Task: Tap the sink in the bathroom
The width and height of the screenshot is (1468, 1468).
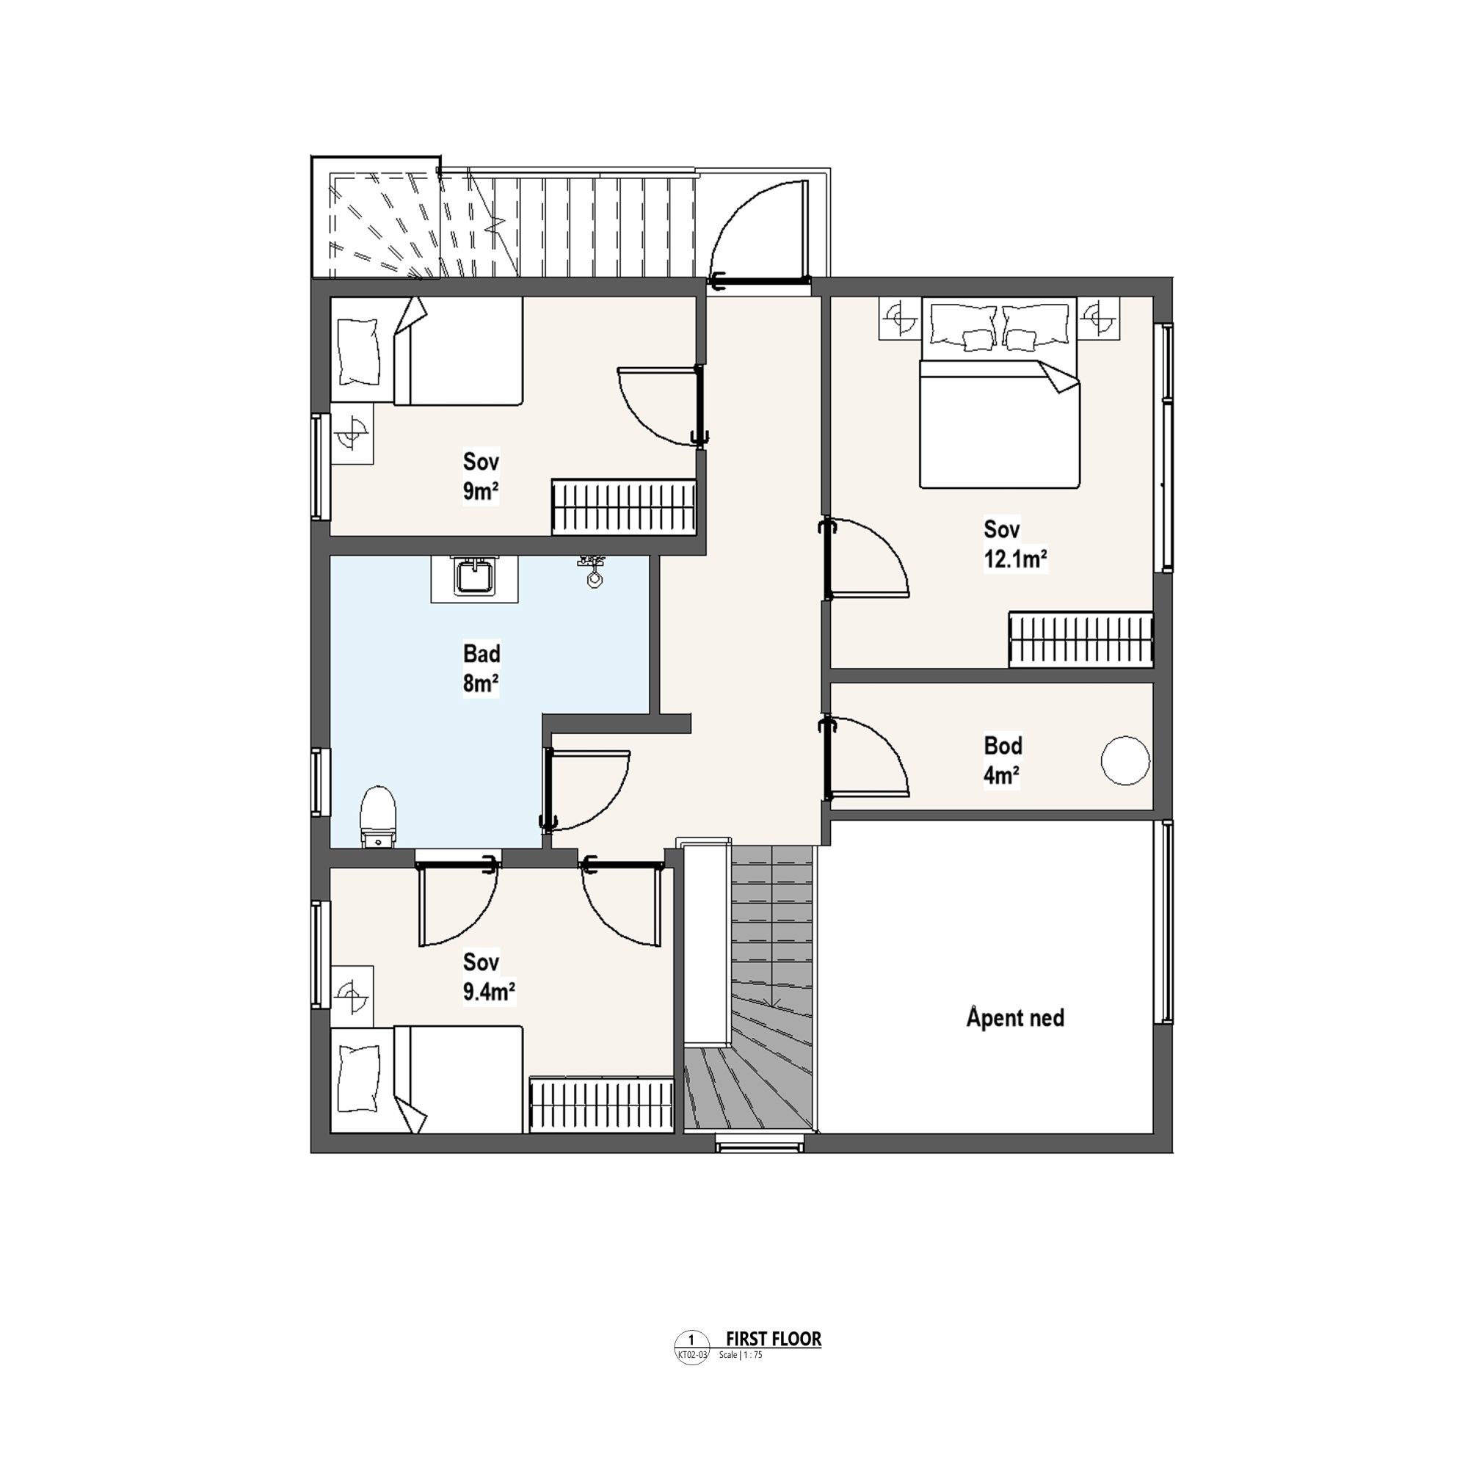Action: (x=474, y=579)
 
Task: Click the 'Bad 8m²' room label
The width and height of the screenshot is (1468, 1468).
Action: (x=481, y=669)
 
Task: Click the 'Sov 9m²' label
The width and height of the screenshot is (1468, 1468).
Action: (x=481, y=476)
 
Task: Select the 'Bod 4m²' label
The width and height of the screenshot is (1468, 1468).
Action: (x=1003, y=760)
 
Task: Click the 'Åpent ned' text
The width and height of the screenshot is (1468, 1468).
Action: (x=1015, y=1017)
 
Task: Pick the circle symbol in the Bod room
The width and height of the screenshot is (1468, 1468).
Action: (x=1125, y=760)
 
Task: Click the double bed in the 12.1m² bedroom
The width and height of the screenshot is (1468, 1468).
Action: (x=999, y=392)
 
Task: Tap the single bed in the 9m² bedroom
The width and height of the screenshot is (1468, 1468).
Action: (x=426, y=350)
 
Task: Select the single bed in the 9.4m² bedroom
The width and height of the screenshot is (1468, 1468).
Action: (x=426, y=1080)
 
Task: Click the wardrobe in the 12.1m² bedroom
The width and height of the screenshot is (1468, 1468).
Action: (x=1080, y=639)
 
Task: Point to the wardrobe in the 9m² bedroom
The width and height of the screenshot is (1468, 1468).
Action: (x=624, y=506)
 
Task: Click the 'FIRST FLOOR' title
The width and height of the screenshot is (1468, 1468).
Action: (x=774, y=1339)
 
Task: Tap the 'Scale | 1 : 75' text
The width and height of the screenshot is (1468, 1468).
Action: (x=740, y=1355)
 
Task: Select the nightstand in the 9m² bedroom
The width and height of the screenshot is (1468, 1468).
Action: (x=352, y=433)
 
